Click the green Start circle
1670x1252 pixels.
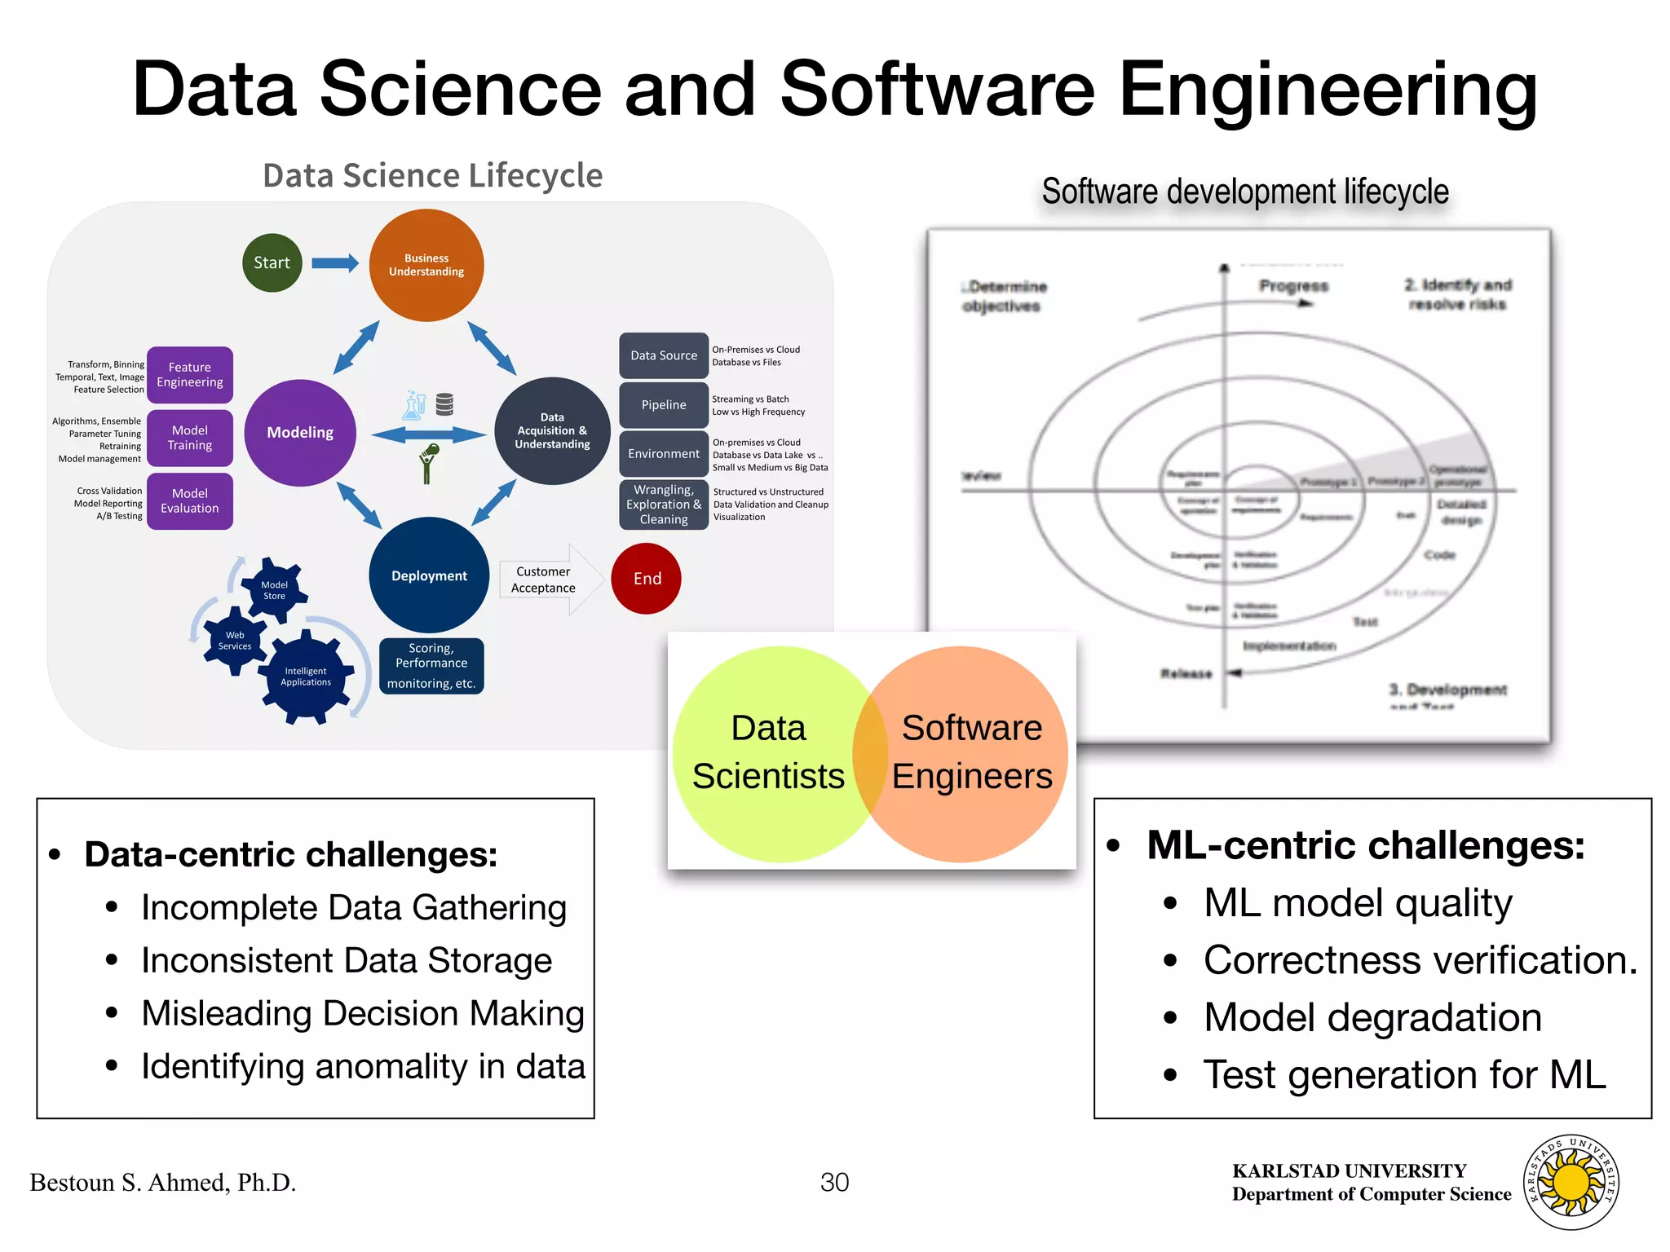point(272,263)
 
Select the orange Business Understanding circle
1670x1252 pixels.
point(426,265)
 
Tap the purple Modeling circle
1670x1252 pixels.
point(300,433)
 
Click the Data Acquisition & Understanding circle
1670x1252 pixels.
point(552,431)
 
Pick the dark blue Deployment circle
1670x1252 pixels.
point(429,575)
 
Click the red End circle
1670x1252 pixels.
point(647,579)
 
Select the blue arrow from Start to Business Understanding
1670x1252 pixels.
point(335,262)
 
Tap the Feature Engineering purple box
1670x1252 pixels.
point(190,375)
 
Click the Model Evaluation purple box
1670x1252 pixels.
point(190,501)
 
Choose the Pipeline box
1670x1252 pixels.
point(664,405)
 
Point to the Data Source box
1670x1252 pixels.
point(664,355)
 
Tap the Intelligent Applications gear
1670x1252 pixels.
point(306,677)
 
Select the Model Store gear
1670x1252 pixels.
point(274,590)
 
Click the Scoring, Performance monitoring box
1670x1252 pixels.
point(431,666)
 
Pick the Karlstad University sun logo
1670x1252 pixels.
point(1571,1183)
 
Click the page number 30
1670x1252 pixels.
point(834,1182)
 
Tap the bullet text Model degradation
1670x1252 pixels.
point(1372,1017)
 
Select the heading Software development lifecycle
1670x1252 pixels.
point(1245,192)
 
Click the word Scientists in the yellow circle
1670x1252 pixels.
point(768,776)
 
